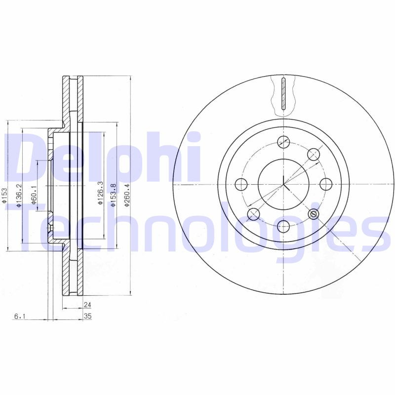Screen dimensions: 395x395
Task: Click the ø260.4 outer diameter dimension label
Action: coord(128,197)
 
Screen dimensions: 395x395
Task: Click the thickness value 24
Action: coord(88,305)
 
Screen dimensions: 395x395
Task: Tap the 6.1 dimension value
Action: coord(19,316)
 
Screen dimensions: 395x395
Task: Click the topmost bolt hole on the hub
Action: coord(283,141)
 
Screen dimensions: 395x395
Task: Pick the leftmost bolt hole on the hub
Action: coord(241,184)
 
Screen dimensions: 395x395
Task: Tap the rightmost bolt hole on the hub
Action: coord(325,184)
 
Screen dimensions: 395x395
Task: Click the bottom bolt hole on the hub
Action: coord(283,226)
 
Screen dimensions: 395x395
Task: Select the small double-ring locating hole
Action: coord(313,213)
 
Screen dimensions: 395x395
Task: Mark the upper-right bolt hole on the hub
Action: coord(313,155)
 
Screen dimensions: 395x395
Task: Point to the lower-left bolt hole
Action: coord(254,214)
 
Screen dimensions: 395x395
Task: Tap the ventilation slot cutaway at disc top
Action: coord(283,94)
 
